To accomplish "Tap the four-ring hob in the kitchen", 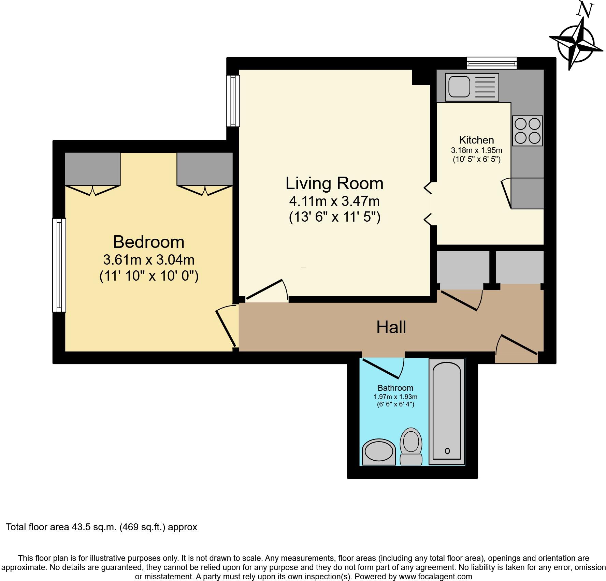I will (527, 131).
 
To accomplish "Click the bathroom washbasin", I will (378, 452).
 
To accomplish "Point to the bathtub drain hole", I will (447, 451).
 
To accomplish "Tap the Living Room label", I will (334, 183).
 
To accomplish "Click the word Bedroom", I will (149, 242).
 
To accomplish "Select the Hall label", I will (391, 327).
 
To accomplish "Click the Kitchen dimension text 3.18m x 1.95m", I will (476, 150).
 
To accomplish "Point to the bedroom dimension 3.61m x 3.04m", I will (149, 260).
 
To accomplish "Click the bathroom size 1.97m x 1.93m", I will (395, 397).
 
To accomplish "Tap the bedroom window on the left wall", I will (59, 265).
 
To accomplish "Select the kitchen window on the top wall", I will (492, 63).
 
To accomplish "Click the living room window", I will (233, 101).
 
